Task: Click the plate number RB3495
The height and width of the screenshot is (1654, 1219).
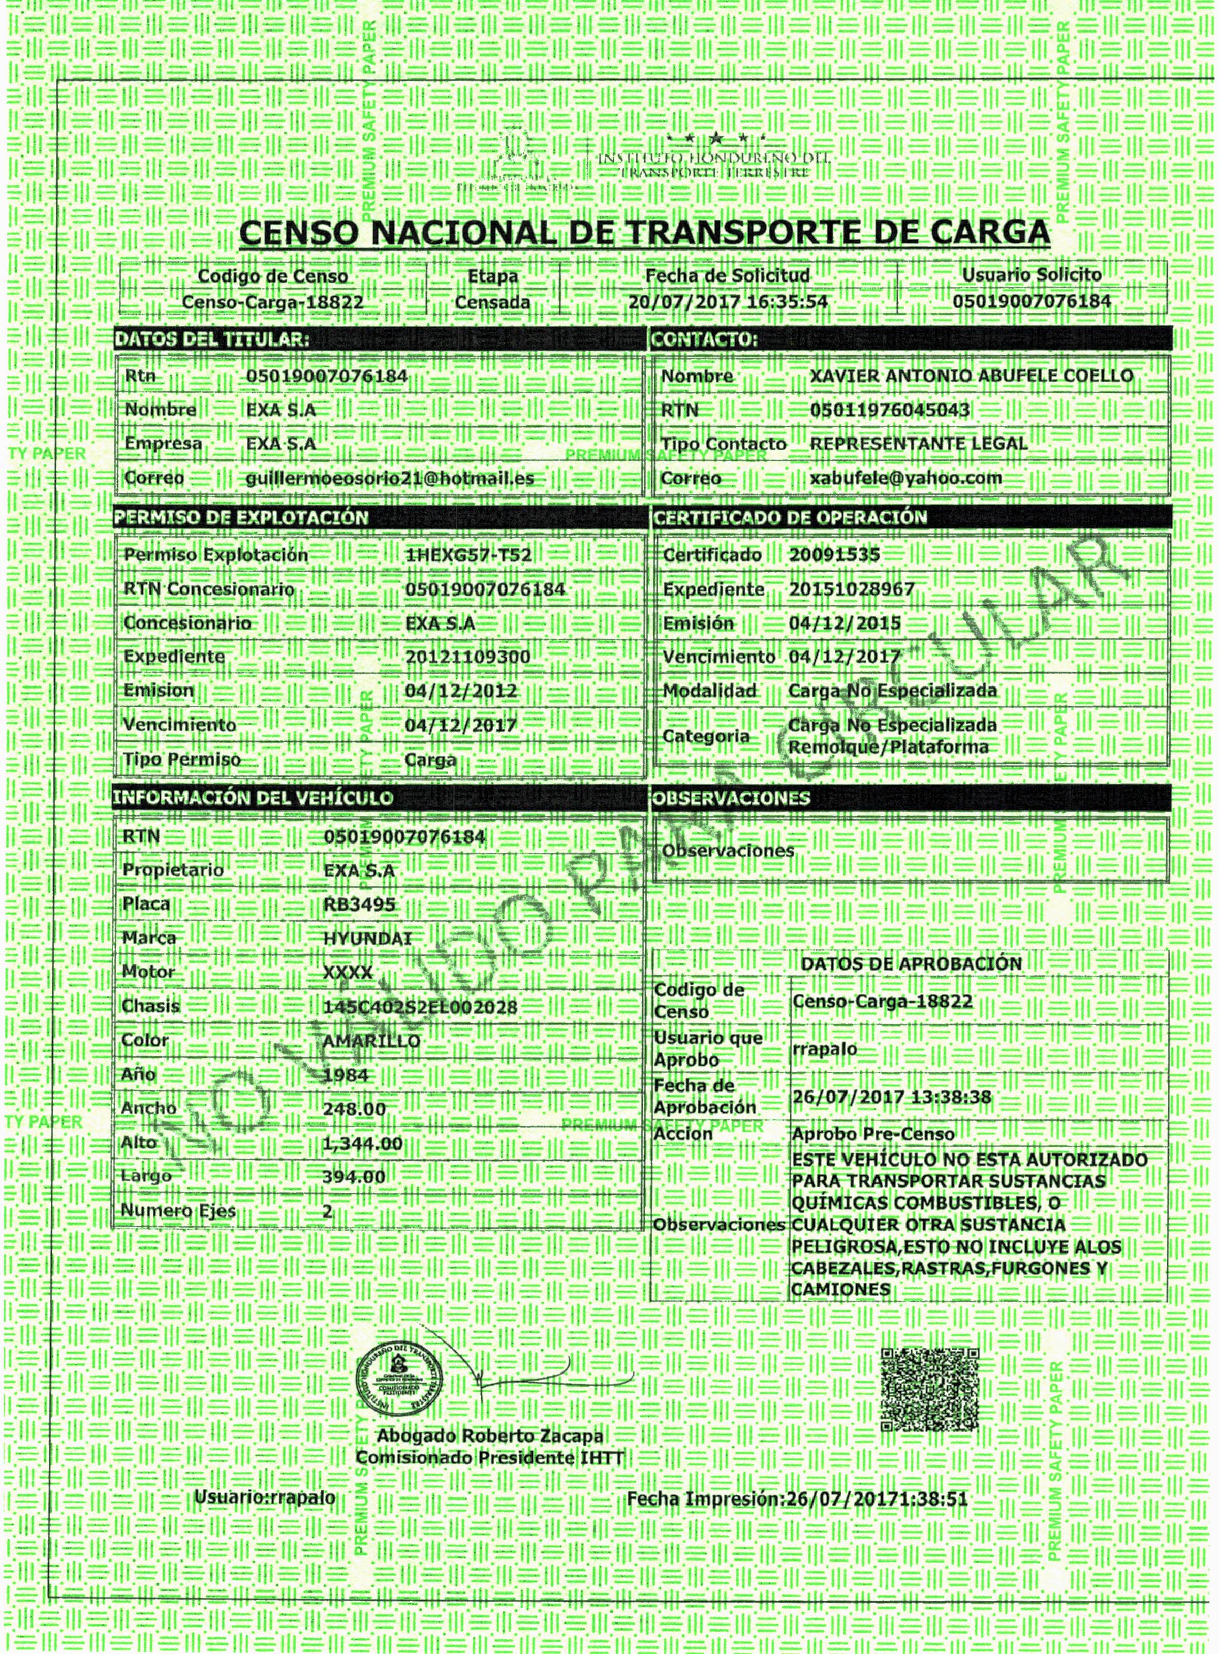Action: (x=359, y=904)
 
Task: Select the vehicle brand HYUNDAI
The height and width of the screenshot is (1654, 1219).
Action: (x=367, y=939)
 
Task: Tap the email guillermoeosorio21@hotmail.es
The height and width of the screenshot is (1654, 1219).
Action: (x=390, y=478)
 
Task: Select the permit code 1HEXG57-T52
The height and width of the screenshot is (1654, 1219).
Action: (x=468, y=555)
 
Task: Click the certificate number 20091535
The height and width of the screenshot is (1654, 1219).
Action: (x=834, y=555)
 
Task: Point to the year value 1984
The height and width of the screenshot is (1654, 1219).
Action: (x=346, y=1075)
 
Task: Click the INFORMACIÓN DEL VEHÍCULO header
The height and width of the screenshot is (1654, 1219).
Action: (x=253, y=797)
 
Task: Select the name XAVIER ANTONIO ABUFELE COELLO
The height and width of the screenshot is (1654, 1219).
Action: (x=971, y=376)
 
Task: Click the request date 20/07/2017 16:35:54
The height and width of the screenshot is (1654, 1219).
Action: (x=728, y=302)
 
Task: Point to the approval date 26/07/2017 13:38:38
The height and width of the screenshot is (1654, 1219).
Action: (x=891, y=1097)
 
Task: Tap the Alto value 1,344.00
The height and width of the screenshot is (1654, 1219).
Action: (x=363, y=1143)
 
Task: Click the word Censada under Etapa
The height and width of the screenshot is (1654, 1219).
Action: (x=492, y=302)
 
